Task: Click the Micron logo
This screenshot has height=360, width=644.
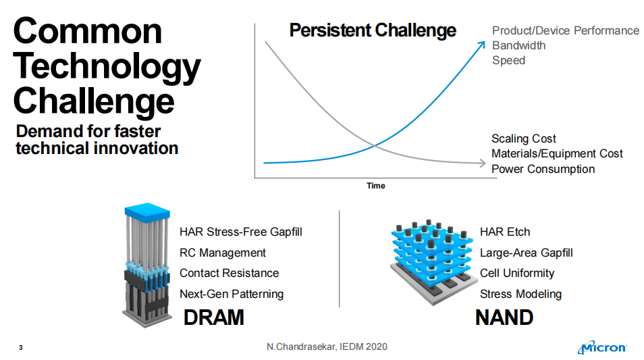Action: pyautogui.click(x=602, y=347)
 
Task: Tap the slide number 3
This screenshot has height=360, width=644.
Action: pyautogui.click(x=21, y=348)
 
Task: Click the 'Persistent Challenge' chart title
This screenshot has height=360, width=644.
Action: pyautogui.click(x=373, y=30)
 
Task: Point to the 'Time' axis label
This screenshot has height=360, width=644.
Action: pyautogui.click(x=376, y=186)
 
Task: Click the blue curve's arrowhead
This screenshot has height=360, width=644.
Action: pyautogui.click(x=481, y=45)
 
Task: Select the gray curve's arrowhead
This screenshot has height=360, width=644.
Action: pyautogui.click(x=483, y=163)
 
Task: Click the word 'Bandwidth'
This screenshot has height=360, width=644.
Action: pyautogui.click(x=518, y=46)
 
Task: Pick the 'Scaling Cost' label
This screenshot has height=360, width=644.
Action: pyautogui.click(x=524, y=138)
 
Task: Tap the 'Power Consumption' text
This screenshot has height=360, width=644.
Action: pyautogui.click(x=543, y=169)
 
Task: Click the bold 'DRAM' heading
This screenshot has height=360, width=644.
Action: pyautogui.click(x=213, y=317)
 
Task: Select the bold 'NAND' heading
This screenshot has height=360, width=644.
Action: pyautogui.click(x=504, y=317)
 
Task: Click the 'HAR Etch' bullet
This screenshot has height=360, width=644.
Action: pyautogui.click(x=505, y=232)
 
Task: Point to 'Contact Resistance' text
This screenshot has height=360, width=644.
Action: pyautogui.click(x=229, y=273)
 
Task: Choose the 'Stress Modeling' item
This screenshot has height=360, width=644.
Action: pyautogui.click(x=520, y=294)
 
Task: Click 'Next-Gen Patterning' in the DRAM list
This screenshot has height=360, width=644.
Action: pyautogui.click(x=232, y=294)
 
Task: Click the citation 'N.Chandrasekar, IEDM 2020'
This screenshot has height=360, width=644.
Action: pyautogui.click(x=327, y=346)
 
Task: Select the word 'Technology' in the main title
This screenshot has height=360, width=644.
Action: pyautogui.click(x=107, y=67)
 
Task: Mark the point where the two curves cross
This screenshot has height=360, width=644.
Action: pyautogui.click(x=374, y=145)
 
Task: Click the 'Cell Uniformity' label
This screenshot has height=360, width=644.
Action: pyautogui.click(x=517, y=273)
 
